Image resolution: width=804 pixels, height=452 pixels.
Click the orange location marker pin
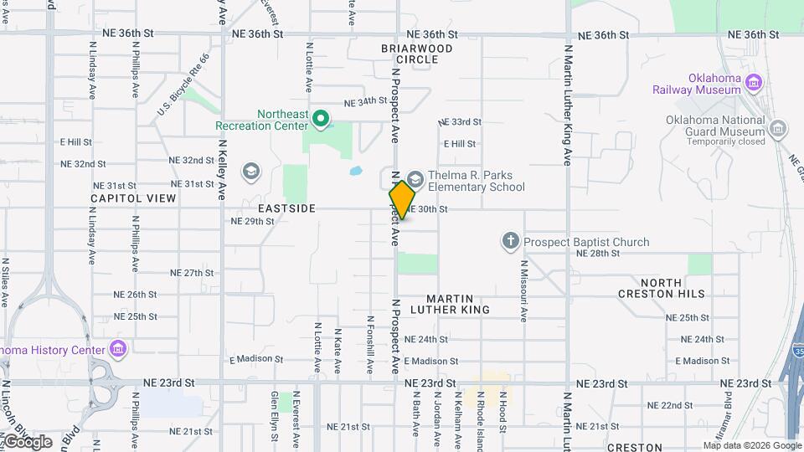(x=402, y=200)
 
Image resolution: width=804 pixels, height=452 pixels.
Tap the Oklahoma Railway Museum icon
(x=753, y=82)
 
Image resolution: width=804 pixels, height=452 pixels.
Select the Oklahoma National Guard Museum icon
(x=779, y=128)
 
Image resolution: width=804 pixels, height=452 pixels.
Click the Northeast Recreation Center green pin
(x=320, y=119)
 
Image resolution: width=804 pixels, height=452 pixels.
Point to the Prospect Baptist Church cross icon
(x=511, y=243)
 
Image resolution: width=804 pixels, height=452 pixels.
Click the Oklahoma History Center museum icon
(x=117, y=348)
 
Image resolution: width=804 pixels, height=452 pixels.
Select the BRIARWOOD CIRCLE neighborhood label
(x=416, y=54)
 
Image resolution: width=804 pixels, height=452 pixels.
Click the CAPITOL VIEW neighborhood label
(x=134, y=198)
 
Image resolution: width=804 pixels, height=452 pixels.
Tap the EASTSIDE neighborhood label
(x=281, y=208)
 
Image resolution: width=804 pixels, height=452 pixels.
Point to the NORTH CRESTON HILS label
(x=662, y=288)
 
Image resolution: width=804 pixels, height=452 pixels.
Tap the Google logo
(x=27, y=441)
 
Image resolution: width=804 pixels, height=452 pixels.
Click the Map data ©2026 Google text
(x=752, y=445)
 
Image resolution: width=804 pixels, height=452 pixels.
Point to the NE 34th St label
(x=365, y=102)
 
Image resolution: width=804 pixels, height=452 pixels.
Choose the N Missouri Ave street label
(x=523, y=291)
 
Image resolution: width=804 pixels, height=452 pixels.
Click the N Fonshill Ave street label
(x=369, y=343)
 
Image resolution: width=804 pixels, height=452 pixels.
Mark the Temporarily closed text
(x=726, y=141)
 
